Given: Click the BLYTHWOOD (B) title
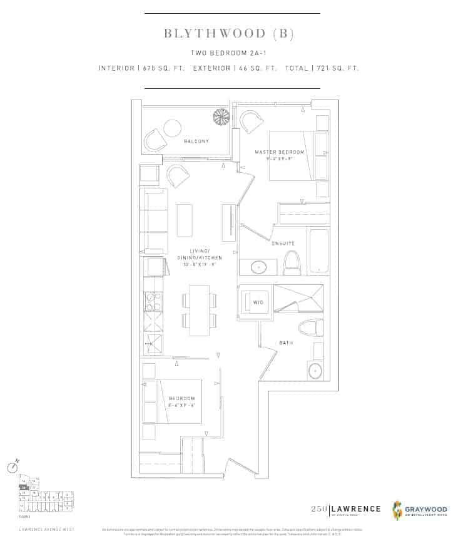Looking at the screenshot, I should (x=228, y=33).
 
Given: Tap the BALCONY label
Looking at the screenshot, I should (x=196, y=142).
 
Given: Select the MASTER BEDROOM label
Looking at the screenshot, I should (x=280, y=153).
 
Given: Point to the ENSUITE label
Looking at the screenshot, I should (x=283, y=243).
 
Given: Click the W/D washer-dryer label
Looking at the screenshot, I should (x=258, y=302).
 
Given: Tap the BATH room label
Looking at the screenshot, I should (x=286, y=343).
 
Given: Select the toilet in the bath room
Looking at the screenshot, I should (x=311, y=326).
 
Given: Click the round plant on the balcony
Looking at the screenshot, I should (x=221, y=116).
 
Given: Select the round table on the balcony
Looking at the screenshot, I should (x=173, y=128).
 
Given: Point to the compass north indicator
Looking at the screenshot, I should (x=12, y=467).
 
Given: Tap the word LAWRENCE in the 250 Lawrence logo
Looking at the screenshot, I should (x=356, y=508).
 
